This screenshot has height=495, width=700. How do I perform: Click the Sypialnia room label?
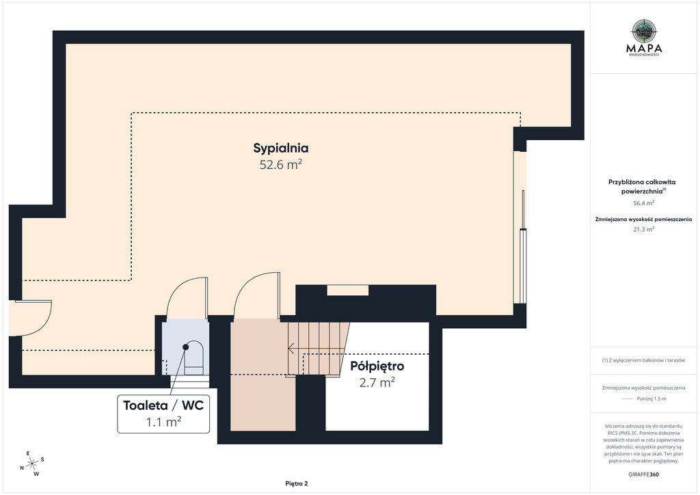[x=281, y=148]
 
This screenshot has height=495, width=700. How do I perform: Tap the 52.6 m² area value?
[x=281, y=165]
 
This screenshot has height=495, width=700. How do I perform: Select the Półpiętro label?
[x=377, y=366]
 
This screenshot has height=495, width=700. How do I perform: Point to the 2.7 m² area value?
[x=377, y=382]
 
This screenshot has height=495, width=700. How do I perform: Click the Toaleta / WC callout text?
[x=163, y=405]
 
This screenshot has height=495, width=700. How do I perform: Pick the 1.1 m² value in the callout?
[x=163, y=421]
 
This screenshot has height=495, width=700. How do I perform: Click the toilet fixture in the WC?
[x=193, y=358]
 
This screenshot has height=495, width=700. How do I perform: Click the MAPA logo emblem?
[x=644, y=30]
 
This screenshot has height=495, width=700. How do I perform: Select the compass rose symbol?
[x=32, y=464]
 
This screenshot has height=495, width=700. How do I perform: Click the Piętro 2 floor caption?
[x=297, y=483]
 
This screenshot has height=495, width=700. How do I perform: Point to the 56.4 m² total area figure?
[x=644, y=203]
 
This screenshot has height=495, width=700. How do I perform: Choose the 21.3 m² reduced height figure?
[x=644, y=230]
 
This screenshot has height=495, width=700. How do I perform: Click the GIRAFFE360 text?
[x=643, y=474]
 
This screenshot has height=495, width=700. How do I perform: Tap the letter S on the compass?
[x=42, y=459]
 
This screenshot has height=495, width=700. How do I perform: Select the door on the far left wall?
[x=31, y=318]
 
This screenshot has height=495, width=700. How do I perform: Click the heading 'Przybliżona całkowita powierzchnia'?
[x=642, y=187]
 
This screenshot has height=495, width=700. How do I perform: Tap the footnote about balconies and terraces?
[x=643, y=360]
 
